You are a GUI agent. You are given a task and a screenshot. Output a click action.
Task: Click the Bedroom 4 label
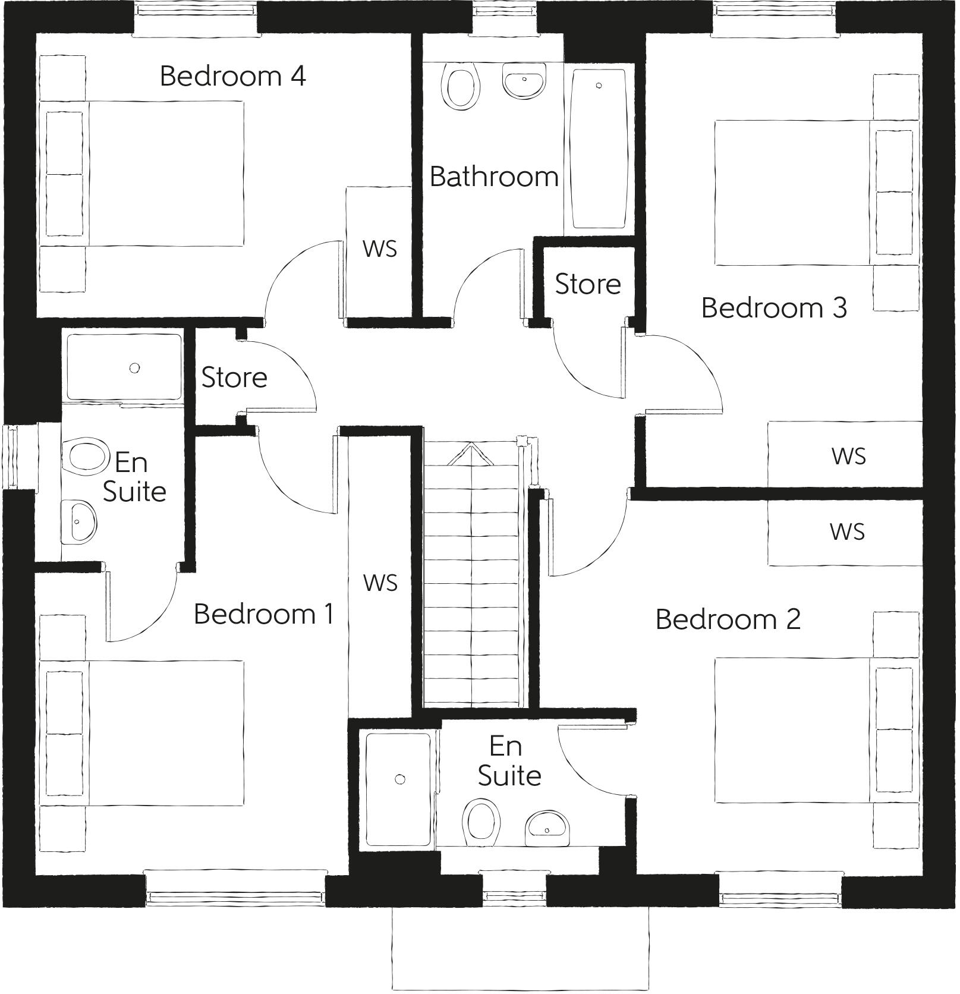232,76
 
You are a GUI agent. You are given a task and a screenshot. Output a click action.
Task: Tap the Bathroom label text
493,177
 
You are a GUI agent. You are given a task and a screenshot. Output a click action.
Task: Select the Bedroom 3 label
774,308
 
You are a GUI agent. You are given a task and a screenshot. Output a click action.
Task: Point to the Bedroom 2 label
728,619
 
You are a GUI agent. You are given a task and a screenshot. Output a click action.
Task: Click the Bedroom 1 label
263,614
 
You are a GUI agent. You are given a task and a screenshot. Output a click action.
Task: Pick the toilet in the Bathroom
461,87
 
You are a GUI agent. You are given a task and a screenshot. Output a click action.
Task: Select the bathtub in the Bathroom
599,149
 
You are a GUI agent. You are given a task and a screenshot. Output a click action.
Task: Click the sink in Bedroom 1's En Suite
79,521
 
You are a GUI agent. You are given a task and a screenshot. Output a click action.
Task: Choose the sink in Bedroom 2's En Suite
547,828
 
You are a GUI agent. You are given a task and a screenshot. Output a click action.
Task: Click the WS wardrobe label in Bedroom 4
380,249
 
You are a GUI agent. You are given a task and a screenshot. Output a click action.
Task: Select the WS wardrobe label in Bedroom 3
848,456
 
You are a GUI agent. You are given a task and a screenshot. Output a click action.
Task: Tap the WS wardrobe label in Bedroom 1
380,583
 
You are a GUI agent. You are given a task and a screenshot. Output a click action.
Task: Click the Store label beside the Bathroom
587,284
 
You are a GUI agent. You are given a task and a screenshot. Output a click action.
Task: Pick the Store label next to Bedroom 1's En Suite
234,378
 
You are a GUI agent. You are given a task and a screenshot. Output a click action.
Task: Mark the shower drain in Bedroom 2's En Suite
400,779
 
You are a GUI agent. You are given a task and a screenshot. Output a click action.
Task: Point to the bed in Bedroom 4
143,174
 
